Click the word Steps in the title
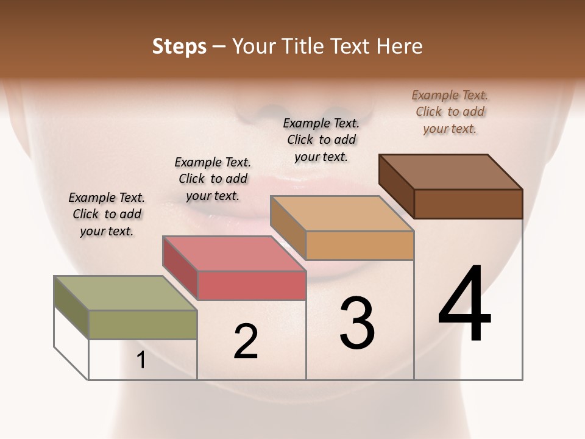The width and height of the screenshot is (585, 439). (x=179, y=46)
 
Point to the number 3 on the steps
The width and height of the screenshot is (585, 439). (x=357, y=323)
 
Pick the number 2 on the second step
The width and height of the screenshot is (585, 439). (x=246, y=341)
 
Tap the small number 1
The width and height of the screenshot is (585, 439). (x=141, y=360)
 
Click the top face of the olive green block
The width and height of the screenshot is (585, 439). (x=125, y=293)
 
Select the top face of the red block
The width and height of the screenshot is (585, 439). (x=233, y=254)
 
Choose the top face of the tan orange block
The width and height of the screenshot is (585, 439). (x=342, y=213)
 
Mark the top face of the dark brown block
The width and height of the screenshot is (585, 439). (x=450, y=172)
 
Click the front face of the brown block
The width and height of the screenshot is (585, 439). (x=468, y=204)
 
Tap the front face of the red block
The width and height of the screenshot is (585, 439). (x=252, y=285)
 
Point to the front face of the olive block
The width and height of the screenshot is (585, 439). (x=143, y=324)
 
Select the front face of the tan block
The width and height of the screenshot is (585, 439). (x=360, y=245)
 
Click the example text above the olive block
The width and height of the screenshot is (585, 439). (x=107, y=214)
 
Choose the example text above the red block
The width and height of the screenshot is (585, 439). (x=213, y=179)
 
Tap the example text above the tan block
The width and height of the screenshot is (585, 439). (x=321, y=140)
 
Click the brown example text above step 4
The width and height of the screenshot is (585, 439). (x=450, y=112)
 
